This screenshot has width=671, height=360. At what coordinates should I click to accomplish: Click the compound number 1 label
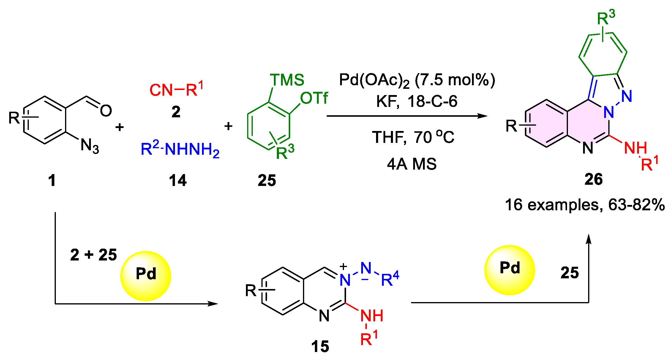pyautogui.click(x=52, y=180)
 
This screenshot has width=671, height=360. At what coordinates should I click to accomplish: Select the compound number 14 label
pyautogui.click(x=178, y=180)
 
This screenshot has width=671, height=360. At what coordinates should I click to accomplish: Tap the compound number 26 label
pyautogui.click(x=593, y=179)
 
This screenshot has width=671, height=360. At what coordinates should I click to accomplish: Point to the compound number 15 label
pyautogui.click(x=320, y=346)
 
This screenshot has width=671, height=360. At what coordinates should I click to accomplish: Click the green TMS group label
pyautogui.click(x=287, y=80)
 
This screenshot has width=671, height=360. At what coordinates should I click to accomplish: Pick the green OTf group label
pyautogui.click(x=314, y=98)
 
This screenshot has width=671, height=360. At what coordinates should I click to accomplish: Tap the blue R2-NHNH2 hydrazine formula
pyautogui.click(x=180, y=149)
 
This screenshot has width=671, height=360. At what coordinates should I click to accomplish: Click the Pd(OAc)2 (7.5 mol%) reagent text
pyautogui.click(x=417, y=80)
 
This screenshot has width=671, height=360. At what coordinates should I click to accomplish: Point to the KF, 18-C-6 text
pyautogui.click(x=416, y=102)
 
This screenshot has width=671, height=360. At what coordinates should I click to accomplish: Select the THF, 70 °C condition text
pyautogui.click(x=413, y=137)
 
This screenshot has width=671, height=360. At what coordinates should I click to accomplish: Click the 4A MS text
pyautogui.click(x=412, y=164)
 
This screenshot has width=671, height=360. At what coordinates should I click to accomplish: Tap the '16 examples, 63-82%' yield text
pyautogui.click(x=585, y=205)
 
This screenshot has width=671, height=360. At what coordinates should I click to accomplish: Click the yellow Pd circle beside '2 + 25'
pyautogui.click(x=146, y=276)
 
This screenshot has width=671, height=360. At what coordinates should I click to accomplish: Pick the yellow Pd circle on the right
pyautogui.click(x=509, y=270)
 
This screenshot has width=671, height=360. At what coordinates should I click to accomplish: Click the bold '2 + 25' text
pyautogui.click(x=94, y=255)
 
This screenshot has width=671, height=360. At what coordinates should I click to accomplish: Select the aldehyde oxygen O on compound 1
pyautogui.click(x=106, y=110)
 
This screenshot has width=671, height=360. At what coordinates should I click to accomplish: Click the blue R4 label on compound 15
pyautogui.click(x=390, y=279)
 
